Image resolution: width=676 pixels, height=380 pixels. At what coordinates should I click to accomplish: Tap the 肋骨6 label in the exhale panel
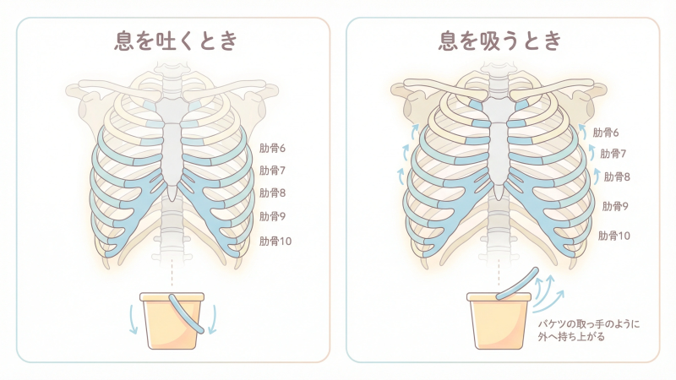272,148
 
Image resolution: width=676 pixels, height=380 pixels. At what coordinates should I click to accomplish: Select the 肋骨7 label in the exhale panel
272,171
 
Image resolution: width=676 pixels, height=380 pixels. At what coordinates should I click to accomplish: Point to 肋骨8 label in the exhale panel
272,193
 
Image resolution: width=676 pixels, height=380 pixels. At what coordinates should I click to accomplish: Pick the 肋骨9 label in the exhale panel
272,216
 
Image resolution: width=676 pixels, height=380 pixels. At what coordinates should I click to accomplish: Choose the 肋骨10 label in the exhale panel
275,242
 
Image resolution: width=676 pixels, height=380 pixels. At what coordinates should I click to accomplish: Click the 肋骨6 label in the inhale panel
606,133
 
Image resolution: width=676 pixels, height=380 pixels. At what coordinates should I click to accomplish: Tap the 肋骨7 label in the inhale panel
613,154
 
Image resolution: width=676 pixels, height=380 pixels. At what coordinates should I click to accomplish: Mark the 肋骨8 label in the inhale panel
616,176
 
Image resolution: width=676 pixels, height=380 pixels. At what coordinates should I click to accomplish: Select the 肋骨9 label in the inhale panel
615,205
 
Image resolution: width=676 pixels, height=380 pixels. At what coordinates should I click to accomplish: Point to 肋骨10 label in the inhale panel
614,236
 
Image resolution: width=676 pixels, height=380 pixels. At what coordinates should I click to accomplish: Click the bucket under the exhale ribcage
172,322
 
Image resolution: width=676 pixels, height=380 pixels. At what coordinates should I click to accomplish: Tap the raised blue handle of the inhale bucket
515,285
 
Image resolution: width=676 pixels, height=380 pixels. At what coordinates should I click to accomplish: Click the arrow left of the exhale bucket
133,318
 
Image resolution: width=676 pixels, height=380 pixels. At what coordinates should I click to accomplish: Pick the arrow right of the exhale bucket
212,318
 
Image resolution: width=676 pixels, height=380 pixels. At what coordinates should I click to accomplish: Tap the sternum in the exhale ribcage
172,152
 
